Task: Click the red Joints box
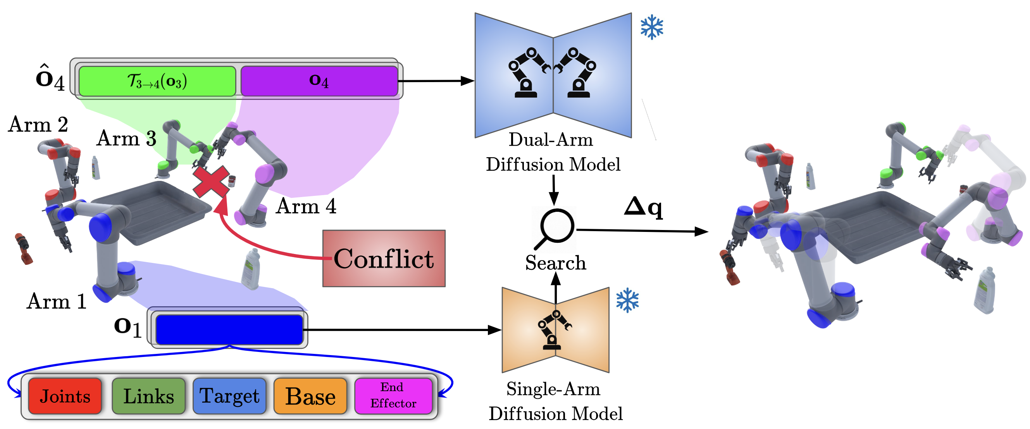click(x=65, y=396)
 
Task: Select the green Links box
click(x=148, y=396)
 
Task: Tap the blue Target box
click(x=229, y=396)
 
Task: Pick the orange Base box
click(x=310, y=396)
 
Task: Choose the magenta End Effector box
click(x=393, y=395)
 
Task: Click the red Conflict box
click(x=384, y=258)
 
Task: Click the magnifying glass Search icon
click(x=556, y=228)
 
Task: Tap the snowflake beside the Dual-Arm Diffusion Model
click(x=652, y=27)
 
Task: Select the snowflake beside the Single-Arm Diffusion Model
click(x=627, y=300)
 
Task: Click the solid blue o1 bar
click(x=229, y=329)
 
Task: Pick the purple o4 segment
click(x=319, y=81)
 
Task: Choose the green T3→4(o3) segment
click(x=157, y=81)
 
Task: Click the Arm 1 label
click(x=56, y=301)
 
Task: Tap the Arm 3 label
click(x=126, y=139)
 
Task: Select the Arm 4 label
click(x=306, y=206)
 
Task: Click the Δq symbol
click(x=643, y=207)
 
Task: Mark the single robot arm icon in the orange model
click(x=554, y=329)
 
